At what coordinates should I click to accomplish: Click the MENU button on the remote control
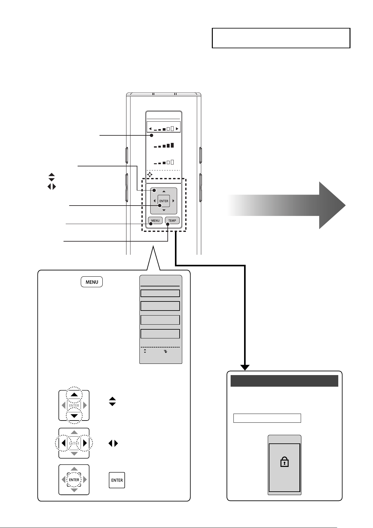155,220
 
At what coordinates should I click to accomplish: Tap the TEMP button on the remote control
172,220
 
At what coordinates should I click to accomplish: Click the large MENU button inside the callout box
92,282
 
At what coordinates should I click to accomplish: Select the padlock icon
284,462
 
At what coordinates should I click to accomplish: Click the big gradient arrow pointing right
286,205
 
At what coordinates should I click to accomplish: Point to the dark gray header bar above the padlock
284,381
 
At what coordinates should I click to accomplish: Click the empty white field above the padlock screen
267,418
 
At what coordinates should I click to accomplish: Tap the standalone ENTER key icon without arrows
117,480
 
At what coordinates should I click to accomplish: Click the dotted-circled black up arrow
74,395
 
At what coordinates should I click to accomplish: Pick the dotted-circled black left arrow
63,443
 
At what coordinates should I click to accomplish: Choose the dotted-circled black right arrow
85,443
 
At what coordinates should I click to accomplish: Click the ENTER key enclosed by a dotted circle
74,480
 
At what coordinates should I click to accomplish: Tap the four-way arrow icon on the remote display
150,175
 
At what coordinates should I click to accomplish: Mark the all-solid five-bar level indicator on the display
164,145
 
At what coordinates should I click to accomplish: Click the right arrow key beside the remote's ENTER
173,201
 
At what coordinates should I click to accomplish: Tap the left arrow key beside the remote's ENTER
154,201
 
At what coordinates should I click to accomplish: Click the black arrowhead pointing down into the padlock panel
245,368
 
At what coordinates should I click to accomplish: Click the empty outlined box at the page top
281,38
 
